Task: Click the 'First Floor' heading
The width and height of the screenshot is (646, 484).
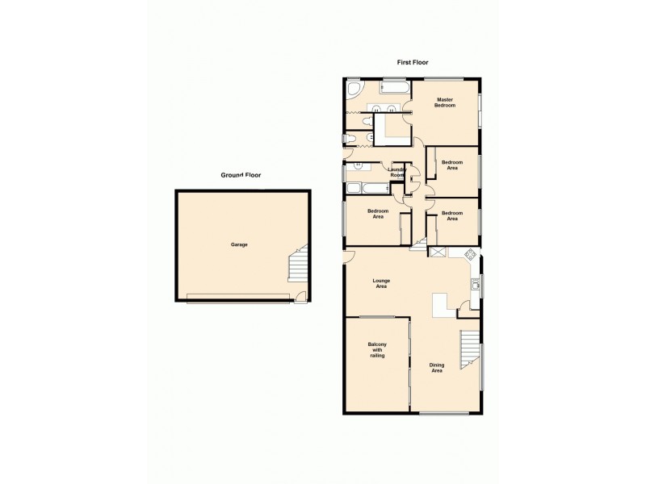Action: [x=412, y=62]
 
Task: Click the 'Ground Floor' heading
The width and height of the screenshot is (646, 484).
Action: [x=241, y=175]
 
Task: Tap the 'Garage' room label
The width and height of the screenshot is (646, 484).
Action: [x=238, y=244]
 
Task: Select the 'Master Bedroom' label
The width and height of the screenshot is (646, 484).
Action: [x=446, y=102]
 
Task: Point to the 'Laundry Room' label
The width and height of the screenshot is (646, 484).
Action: [x=397, y=172]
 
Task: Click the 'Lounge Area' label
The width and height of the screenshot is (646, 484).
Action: [x=381, y=283]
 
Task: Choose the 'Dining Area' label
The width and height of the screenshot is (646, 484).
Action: [x=437, y=367]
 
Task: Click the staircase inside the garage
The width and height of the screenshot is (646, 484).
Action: [x=299, y=267]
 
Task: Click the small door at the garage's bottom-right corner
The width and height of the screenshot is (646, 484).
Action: [x=300, y=298]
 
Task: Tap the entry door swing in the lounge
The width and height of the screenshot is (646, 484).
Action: [x=348, y=257]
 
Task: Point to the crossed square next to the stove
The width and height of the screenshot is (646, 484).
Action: [x=438, y=253]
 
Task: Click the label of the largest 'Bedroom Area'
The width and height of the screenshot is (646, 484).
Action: [x=379, y=214]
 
